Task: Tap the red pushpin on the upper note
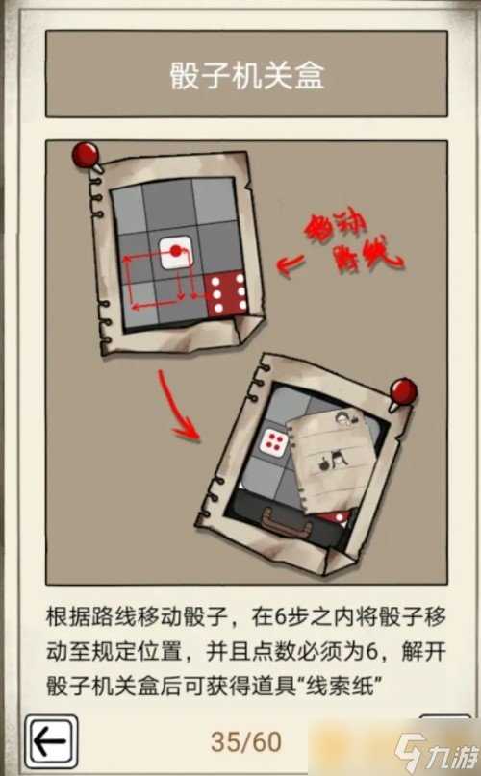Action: click(x=87, y=154)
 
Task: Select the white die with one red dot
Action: click(x=175, y=252)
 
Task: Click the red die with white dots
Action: click(x=228, y=293)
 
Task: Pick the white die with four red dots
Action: click(x=274, y=443)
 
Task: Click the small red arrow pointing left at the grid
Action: click(x=289, y=263)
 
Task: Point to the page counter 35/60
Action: click(x=246, y=742)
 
